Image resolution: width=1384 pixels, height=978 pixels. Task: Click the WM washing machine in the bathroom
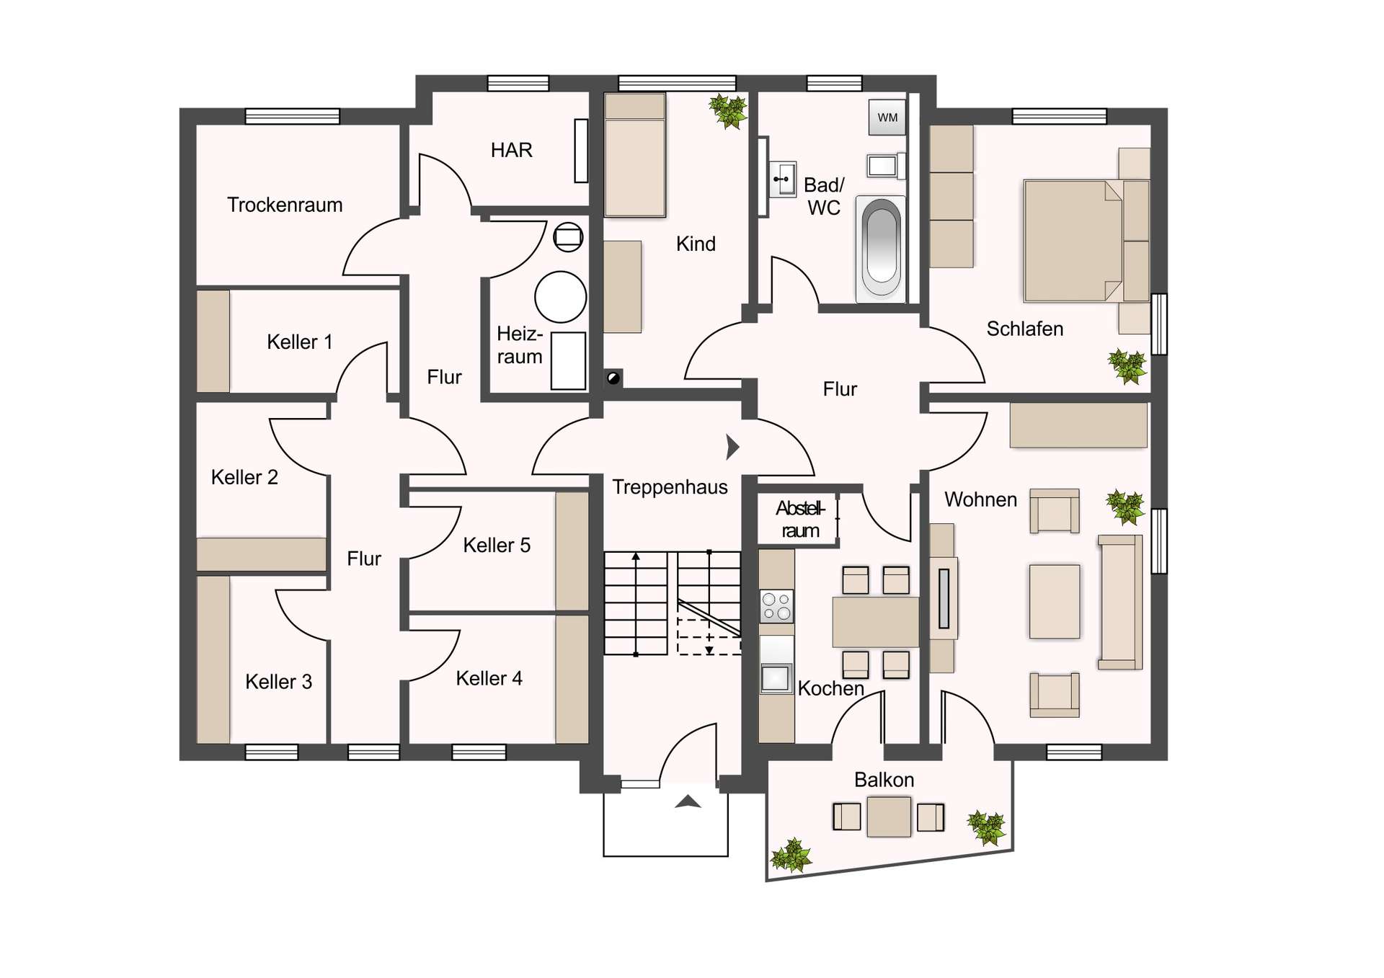[x=887, y=117]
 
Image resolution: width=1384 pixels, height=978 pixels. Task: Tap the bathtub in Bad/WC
[x=880, y=249]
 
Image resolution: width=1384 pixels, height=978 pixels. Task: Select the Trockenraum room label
[x=285, y=205]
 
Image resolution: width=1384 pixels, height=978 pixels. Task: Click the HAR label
[x=511, y=150]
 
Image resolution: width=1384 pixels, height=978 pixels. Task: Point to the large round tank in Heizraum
[x=560, y=296]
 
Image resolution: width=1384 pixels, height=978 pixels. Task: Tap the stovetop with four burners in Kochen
[x=776, y=606]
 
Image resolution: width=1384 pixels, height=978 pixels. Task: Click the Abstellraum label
[x=800, y=520]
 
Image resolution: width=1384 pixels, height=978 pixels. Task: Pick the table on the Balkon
[x=889, y=817]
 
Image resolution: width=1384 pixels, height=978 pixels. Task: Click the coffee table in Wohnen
[x=1055, y=602]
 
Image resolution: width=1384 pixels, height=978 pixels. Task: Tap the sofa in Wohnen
[x=1119, y=603]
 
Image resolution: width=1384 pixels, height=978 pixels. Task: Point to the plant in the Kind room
[x=728, y=111]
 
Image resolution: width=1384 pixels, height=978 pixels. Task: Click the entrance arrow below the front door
[x=688, y=801]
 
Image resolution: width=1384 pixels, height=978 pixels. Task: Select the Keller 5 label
[x=497, y=546]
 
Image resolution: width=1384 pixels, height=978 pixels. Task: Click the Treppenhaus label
[x=670, y=487]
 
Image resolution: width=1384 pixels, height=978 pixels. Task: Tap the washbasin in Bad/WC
[x=783, y=179]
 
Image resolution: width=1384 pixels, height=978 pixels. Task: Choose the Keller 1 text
[x=300, y=342]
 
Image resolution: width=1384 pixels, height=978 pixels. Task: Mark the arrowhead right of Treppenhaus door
[x=732, y=447]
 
